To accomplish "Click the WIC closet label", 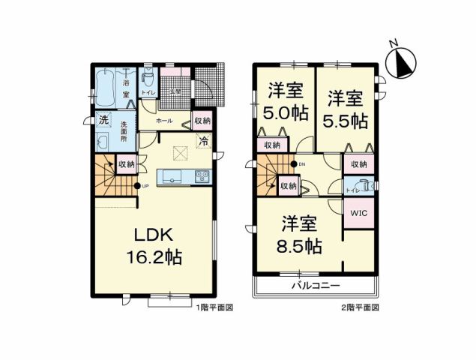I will coord(358,212).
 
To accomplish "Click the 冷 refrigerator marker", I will coord(202,140).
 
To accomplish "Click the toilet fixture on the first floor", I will coord(148,78).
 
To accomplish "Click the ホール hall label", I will coord(164,121).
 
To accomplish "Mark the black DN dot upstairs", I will coord(294,163).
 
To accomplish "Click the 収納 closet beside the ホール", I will coord(202,120).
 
